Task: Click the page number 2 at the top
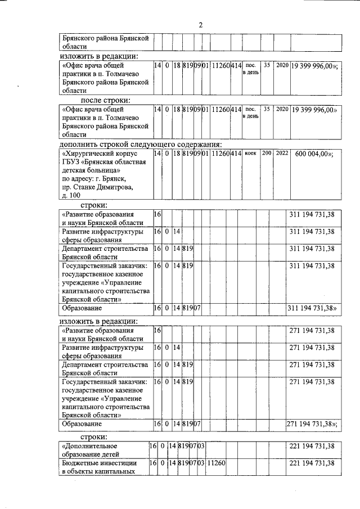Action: point(200,24)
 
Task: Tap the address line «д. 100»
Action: point(71,195)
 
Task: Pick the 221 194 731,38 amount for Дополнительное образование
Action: point(312,447)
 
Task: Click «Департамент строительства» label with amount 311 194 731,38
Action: point(105,248)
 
